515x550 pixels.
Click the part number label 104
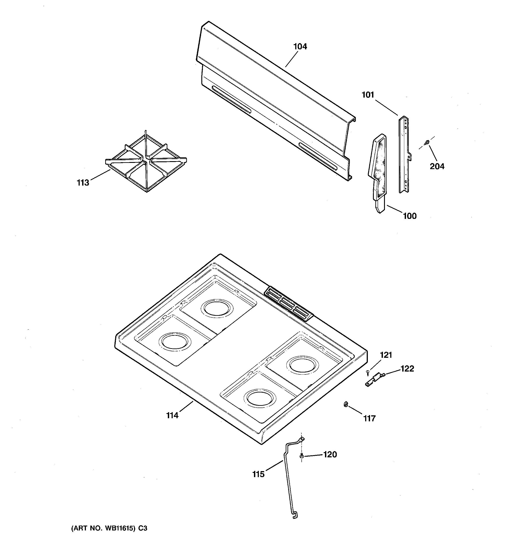[300, 46]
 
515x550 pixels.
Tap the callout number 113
[83, 183]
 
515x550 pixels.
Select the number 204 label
[437, 166]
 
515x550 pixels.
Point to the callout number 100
[410, 216]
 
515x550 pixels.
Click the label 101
[368, 95]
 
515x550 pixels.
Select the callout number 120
[330, 454]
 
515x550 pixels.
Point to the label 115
[258, 474]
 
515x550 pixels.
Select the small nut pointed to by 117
[345, 405]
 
